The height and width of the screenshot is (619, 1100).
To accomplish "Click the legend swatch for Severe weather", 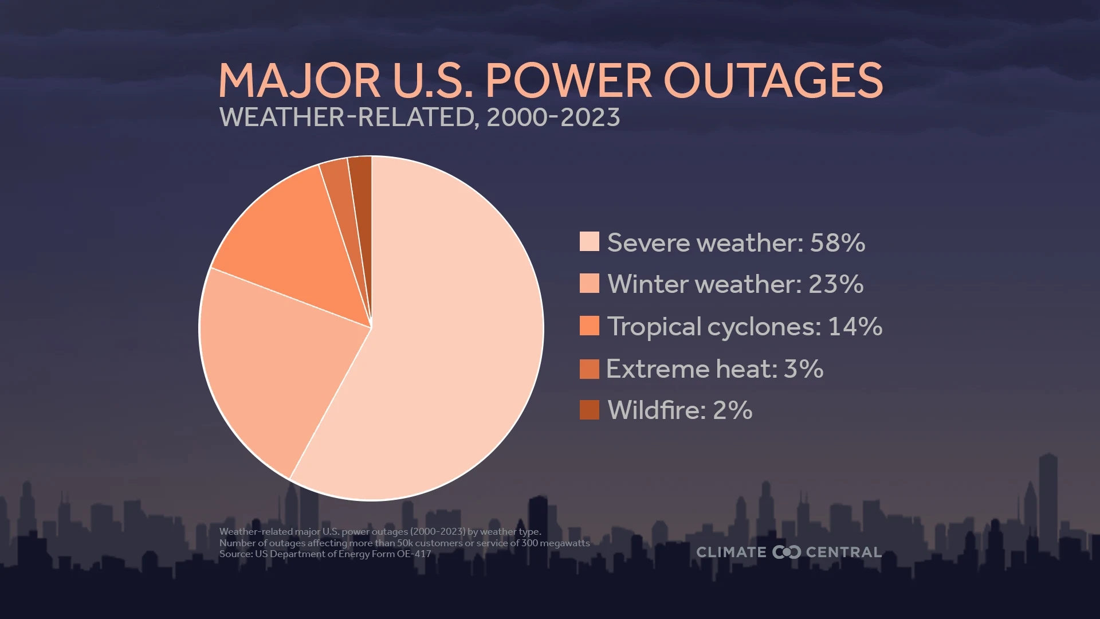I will click(589, 242).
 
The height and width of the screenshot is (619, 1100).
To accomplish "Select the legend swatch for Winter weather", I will click(589, 283).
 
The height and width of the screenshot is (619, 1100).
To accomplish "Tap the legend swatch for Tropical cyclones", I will click(589, 326).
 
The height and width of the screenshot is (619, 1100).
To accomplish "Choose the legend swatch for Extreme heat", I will click(589, 369).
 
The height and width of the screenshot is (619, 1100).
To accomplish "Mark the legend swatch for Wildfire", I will click(589, 410).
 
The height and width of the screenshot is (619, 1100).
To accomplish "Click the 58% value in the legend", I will click(837, 242).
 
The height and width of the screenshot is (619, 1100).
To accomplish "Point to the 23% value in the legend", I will click(835, 284).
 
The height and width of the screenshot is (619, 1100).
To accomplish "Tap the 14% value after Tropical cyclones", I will click(855, 326).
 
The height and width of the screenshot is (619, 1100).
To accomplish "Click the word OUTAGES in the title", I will click(773, 80).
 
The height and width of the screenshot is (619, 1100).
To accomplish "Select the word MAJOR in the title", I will click(299, 80).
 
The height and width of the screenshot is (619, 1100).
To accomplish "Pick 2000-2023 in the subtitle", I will click(553, 117).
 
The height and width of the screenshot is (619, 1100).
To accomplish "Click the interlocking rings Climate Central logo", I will click(786, 552).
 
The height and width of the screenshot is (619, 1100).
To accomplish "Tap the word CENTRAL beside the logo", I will click(843, 552).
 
